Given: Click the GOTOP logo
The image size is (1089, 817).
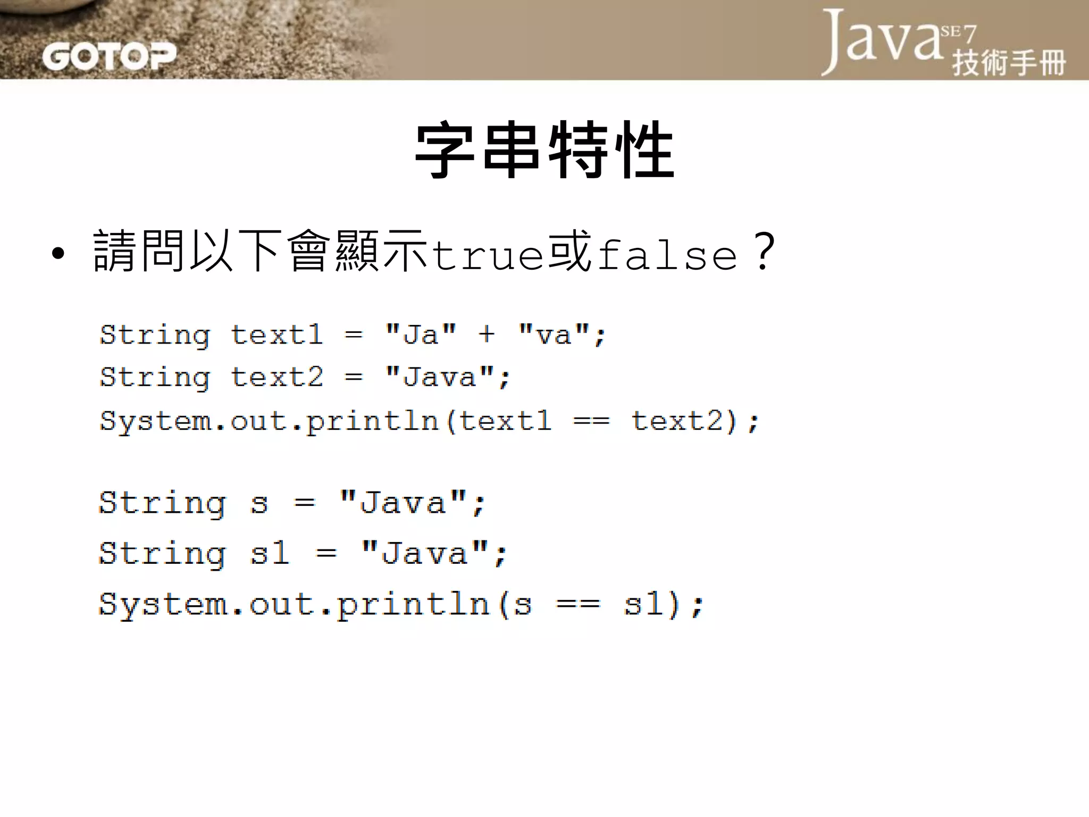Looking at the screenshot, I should (x=109, y=56).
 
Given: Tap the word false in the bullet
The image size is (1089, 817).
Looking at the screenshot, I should (x=667, y=255).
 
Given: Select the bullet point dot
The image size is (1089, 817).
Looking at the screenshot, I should (x=58, y=254).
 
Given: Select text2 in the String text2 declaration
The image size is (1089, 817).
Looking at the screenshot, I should (x=277, y=377).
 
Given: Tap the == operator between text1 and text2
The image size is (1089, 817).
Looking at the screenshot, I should (x=591, y=421).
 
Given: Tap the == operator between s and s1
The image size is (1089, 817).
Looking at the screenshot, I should (x=578, y=604).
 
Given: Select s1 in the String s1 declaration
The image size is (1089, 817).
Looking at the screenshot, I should (x=270, y=553).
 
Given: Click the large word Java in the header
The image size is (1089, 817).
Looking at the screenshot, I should (x=883, y=40).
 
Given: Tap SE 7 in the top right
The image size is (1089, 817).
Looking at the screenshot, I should (x=959, y=33).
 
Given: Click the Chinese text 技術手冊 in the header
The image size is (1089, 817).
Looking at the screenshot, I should (x=1009, y=63).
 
